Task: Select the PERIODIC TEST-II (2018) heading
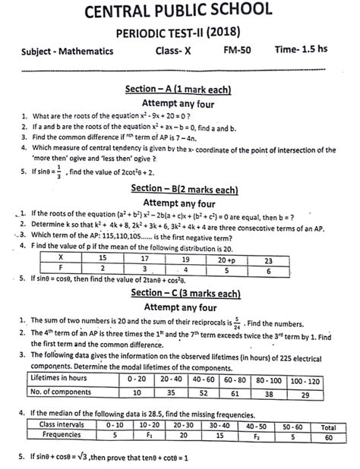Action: pyautogui.click(x=179, y=33)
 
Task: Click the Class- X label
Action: pyautogui.click(x=177, y=51)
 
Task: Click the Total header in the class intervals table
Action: pyautogui.click(x=328, y=426)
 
